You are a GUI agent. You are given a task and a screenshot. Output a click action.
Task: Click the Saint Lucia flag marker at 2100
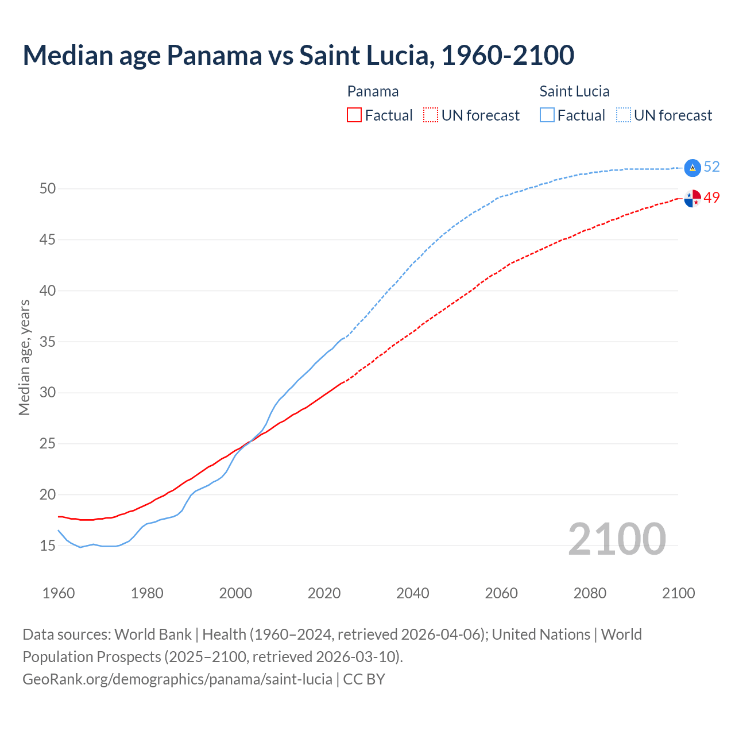693,167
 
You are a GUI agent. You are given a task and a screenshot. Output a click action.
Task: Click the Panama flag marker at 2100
693,198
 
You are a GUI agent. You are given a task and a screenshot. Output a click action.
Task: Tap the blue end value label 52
712,167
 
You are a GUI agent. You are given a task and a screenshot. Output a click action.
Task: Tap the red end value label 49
712,198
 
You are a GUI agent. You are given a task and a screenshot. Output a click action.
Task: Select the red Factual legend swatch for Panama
354,115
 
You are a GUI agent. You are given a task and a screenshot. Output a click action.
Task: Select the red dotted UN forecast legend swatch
431,115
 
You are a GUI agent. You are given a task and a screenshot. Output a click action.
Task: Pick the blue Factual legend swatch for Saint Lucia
547,115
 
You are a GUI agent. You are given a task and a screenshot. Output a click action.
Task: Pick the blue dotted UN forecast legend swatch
624,115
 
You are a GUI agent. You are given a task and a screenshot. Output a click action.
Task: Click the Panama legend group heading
373,91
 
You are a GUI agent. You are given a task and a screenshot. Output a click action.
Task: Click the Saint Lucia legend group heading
574,91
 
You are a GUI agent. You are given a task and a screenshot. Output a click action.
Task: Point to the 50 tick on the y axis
48,188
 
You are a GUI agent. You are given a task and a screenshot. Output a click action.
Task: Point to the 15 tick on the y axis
48,546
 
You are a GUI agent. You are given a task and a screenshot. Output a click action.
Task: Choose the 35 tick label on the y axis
48,342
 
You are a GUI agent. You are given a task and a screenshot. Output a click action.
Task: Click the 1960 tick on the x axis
59,593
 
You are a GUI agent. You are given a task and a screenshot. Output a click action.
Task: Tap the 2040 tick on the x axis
413,593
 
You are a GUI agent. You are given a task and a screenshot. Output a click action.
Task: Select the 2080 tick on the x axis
590,593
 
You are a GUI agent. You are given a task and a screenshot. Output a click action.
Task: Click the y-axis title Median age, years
24,357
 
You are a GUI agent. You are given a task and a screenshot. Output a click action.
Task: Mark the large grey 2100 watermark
617,540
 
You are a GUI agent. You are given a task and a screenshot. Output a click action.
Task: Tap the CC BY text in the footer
364,679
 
